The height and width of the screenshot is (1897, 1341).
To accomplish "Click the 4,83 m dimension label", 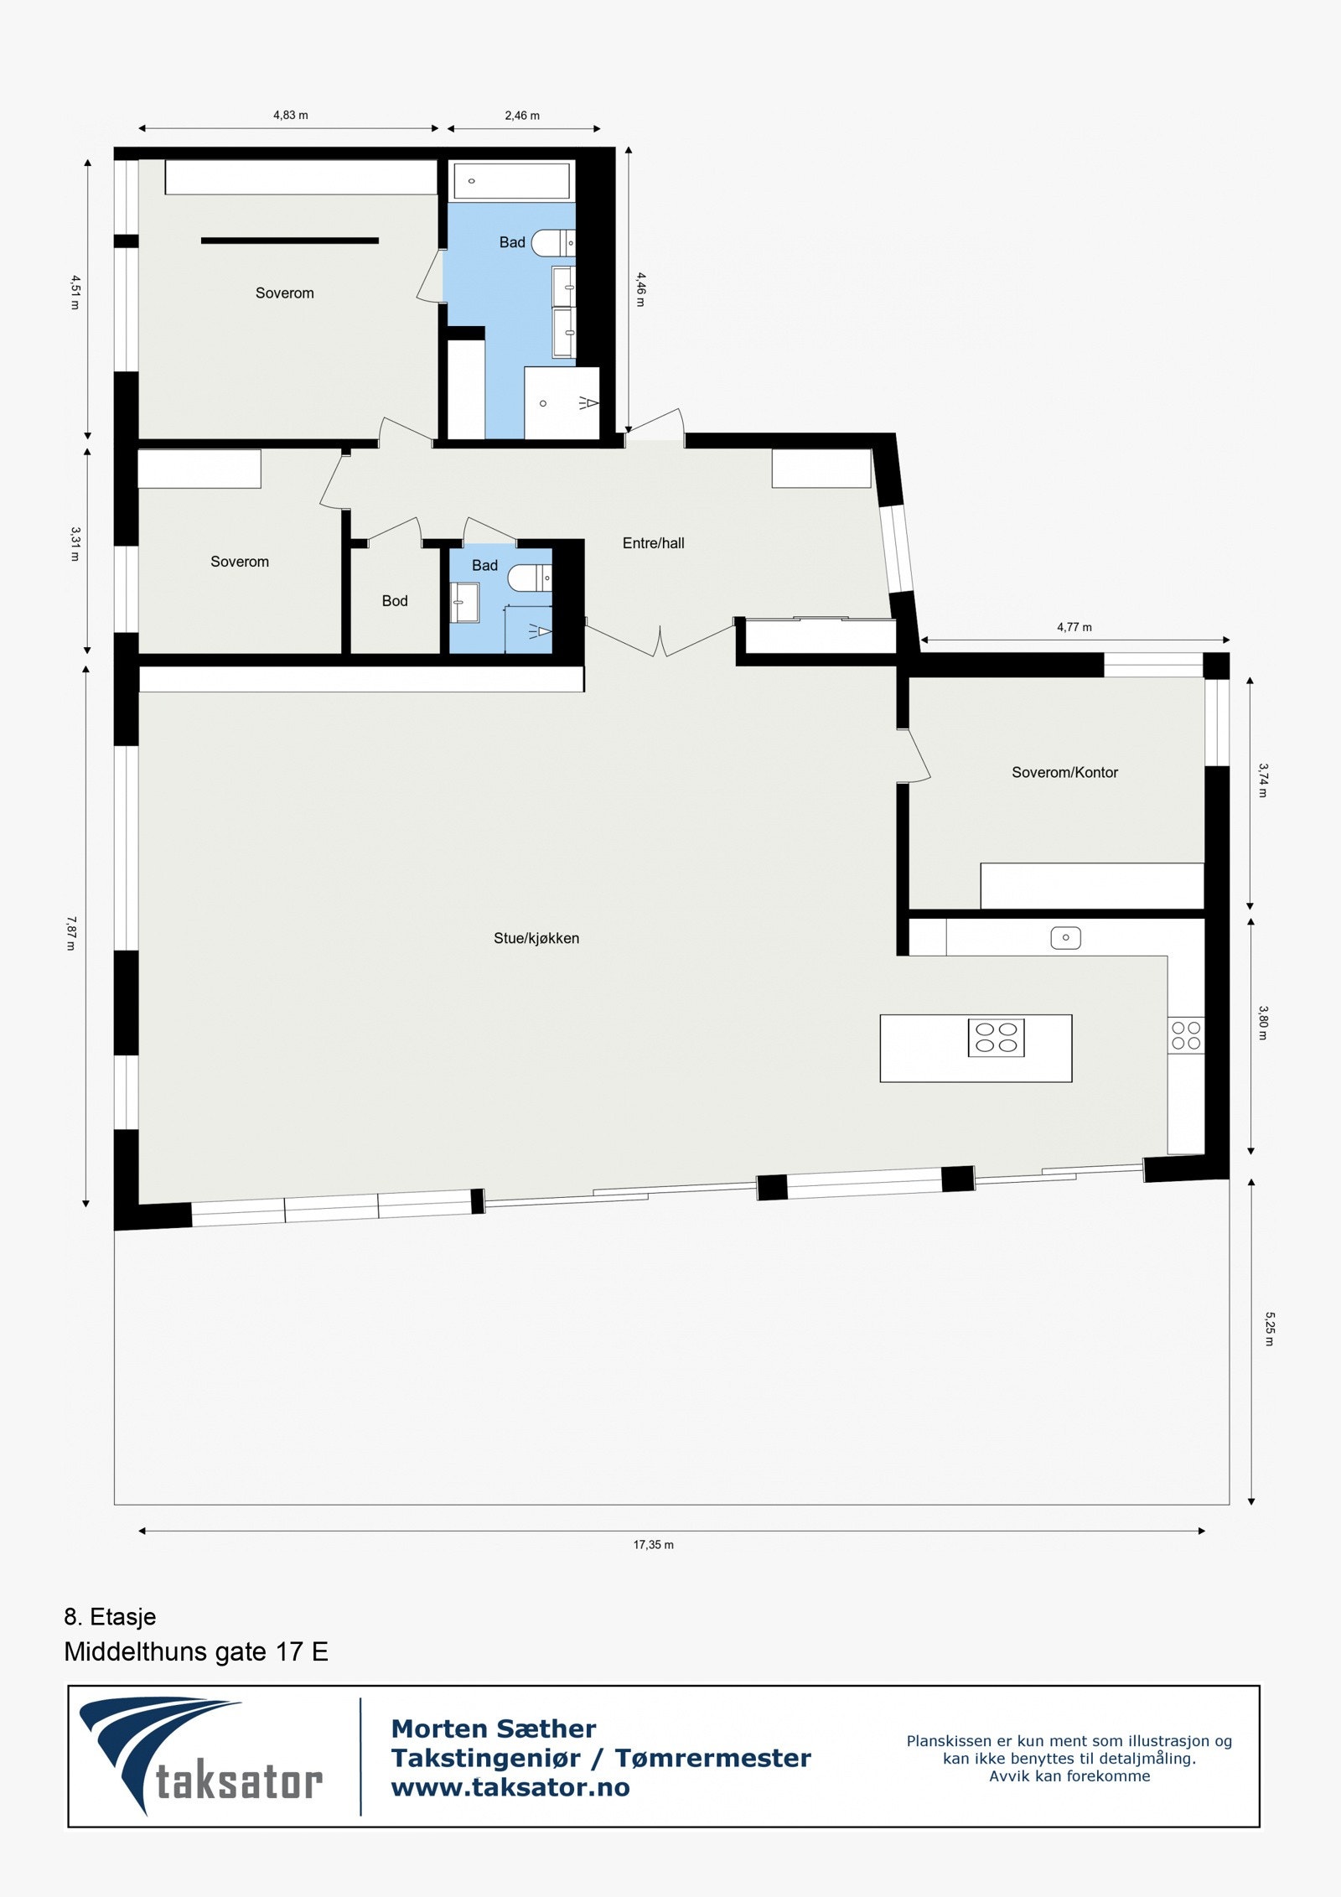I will [290, 116].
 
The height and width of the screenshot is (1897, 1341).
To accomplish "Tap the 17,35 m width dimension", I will [653, 1544].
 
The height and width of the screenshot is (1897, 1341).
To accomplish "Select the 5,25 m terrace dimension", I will [1268, 1329].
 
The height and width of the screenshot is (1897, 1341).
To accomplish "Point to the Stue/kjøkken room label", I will [536, 938].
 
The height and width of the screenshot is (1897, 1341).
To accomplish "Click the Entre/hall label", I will [653, 543].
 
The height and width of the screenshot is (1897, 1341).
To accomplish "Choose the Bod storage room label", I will [395, 601].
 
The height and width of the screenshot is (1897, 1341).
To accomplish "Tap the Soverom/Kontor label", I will [1064, 772].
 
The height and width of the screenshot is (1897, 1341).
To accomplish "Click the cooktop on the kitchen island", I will [996, 1037].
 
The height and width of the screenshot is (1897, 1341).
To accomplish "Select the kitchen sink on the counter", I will [1065, 937].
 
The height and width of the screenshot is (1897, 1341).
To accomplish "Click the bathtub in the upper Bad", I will [511, 180].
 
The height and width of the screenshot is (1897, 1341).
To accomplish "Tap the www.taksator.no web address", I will [510, 1788].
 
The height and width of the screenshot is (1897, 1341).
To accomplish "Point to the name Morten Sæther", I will [494, 1729].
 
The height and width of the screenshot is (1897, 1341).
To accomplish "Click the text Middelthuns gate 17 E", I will [196, 1652].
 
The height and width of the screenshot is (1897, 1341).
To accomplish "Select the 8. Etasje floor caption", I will [110, 1616].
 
